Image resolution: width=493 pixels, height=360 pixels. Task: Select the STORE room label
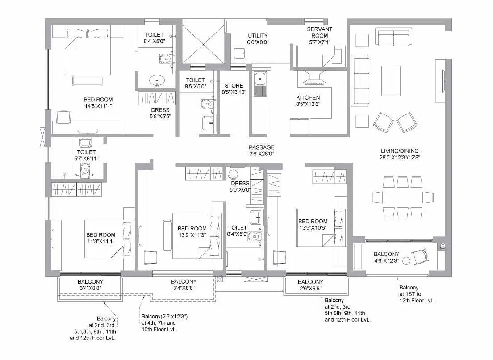point(234,86)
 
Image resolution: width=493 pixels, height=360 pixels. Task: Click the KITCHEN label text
point(308,98)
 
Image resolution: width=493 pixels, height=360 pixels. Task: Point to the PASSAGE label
point(262,147)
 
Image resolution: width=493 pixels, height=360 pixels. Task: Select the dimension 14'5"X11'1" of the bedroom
point(98,106)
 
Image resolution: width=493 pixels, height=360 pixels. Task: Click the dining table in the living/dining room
point(397,197)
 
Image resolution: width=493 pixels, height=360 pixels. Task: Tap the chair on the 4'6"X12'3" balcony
point(420,256)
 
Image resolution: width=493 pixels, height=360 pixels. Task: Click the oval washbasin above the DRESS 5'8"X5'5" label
point(157,81)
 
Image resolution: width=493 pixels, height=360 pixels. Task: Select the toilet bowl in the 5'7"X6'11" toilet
point(84,169)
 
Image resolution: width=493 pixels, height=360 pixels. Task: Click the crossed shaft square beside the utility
point(203,43)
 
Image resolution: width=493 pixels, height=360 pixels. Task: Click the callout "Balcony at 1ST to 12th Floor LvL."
point(417,294)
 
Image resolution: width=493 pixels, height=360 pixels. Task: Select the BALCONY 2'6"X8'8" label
point(310,285)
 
